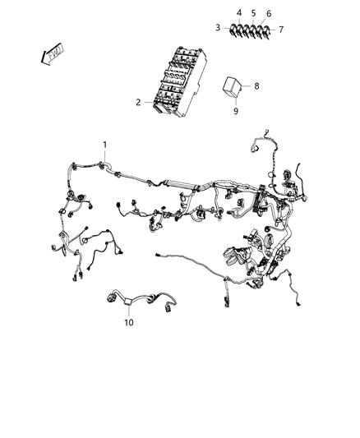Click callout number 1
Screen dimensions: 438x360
104,145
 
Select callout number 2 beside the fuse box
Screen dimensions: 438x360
139,103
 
